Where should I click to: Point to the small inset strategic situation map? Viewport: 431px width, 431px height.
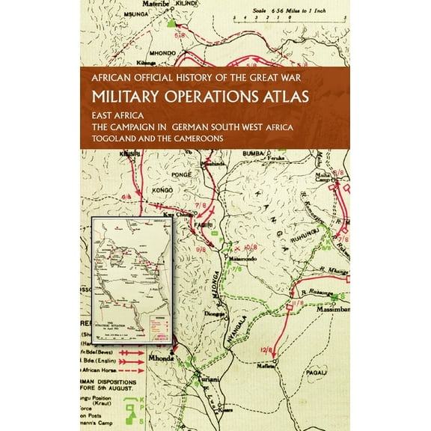[132, 278]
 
